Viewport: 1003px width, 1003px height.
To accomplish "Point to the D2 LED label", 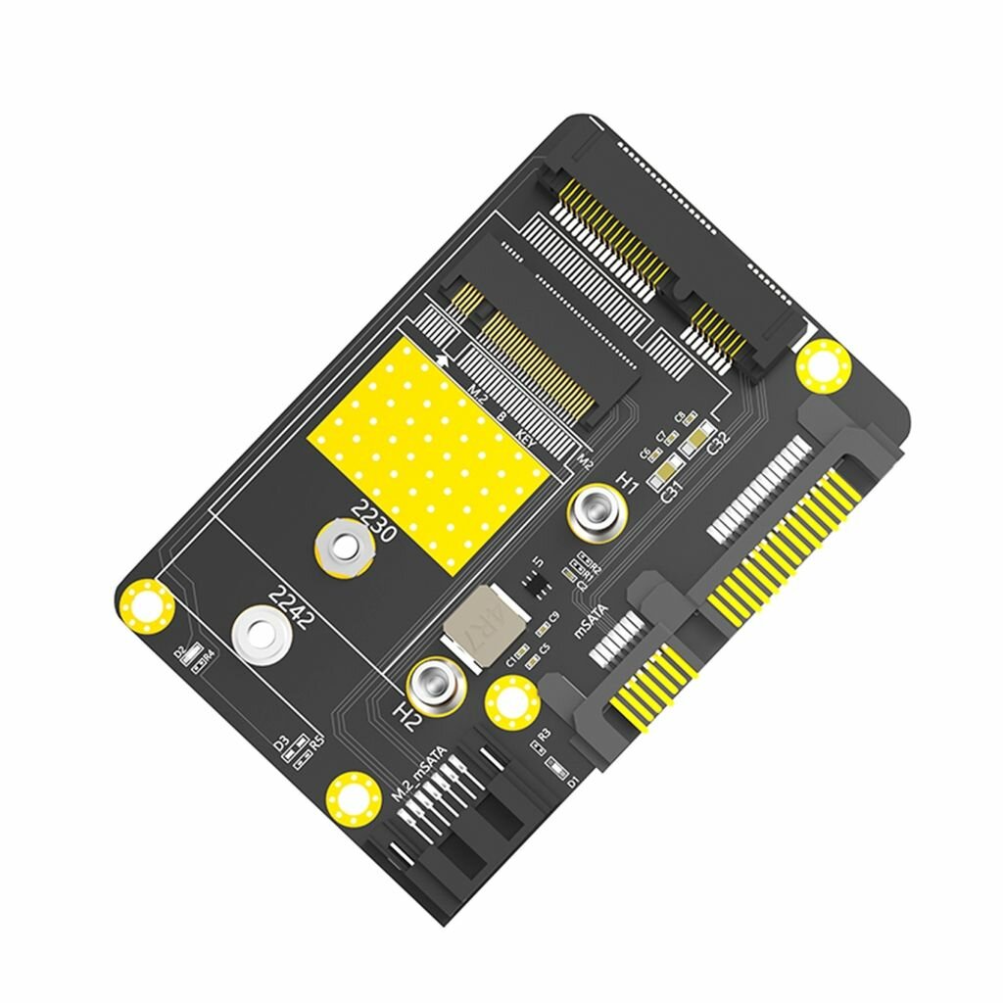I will click(x=180, y=652).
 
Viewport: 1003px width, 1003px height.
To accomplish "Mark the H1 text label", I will click(x=628, y=482).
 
